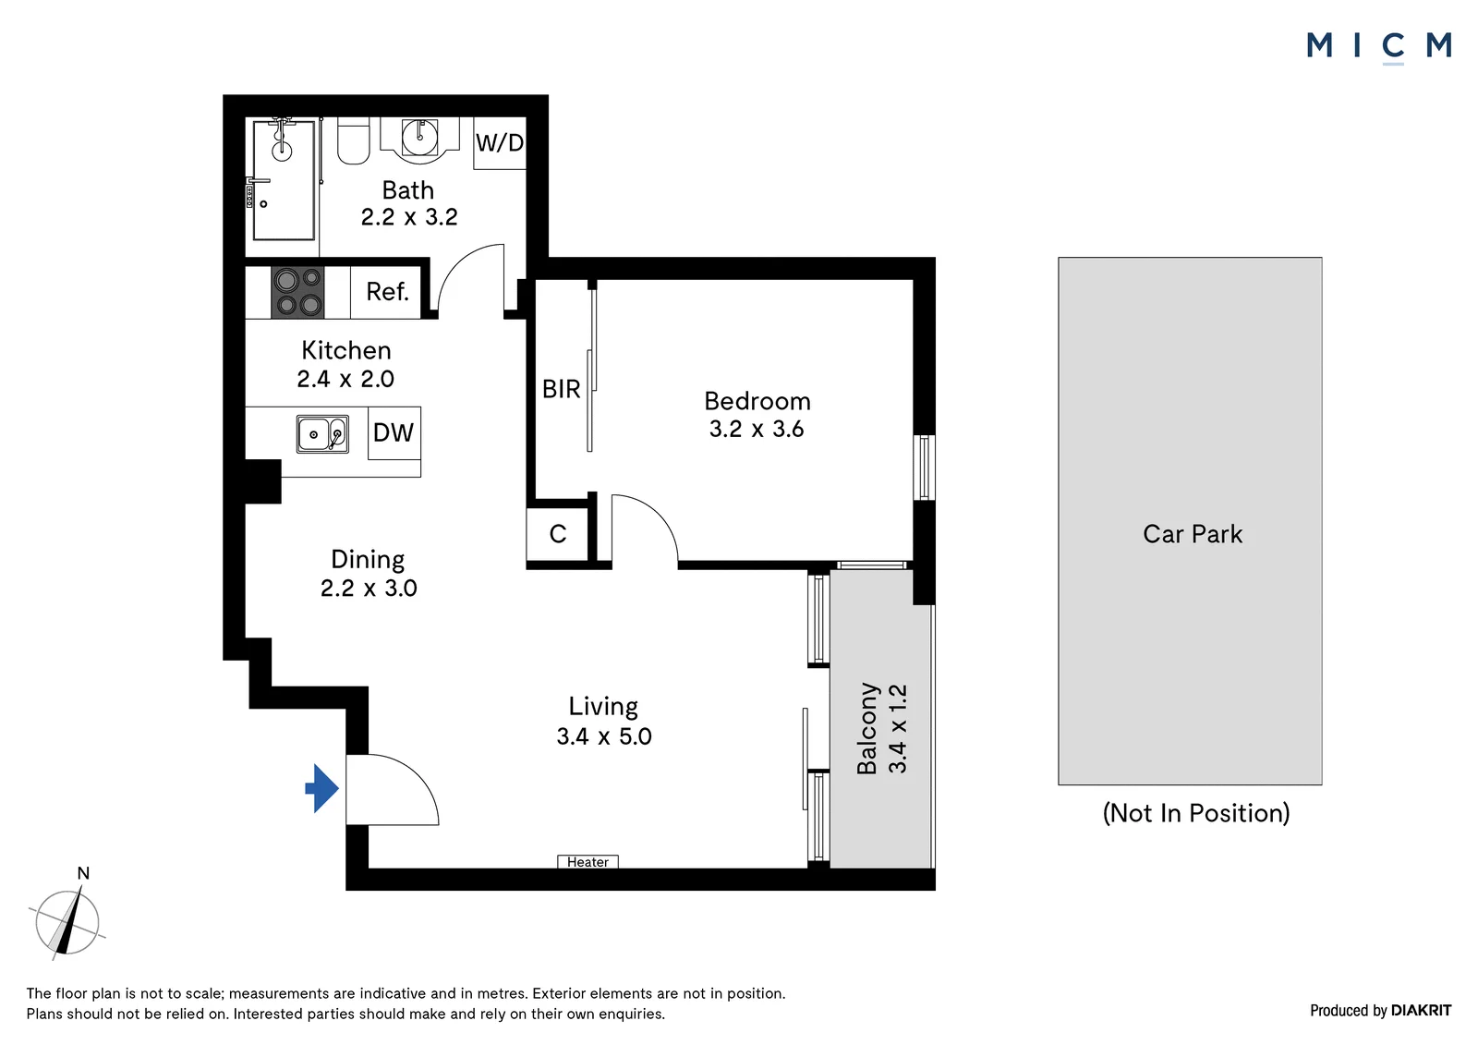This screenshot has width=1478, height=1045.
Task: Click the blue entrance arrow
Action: pyautogui.click(x=322, y=788)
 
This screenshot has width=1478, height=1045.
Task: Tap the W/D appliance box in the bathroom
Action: pyautogui.click(x=500, y=143)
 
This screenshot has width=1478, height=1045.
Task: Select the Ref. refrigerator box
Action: pyautogui.click(x=386, y=292)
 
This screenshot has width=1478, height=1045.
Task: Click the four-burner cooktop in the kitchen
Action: pyautogui.click(x=297, y=293)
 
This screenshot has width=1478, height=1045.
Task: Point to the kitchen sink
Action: pyautogui.click(x=322, y=433)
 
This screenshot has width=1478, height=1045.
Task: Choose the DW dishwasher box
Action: pyautogui.click(x=394, y=433)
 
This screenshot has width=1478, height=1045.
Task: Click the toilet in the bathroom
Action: pyautogui.click(x=353, y=140)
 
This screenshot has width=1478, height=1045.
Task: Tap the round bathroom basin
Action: pyautogui.click(x=419, y=138)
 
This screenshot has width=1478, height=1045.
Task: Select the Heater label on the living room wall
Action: pyautogui.click(x=588, y=862)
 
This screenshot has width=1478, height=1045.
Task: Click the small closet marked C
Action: pyautogui.click(x=558, y=534)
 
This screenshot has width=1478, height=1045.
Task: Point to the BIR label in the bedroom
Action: pyautogui.click(x=562, y=390)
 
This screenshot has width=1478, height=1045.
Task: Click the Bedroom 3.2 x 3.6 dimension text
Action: pyautogui.click(x=757, y=429)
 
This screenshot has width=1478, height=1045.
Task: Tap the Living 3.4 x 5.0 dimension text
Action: pyautogui.click(x=604, y=736)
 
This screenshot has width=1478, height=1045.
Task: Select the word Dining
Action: pyautogui.click(x=368, y=560)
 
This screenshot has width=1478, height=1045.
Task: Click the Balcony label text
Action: pyautogui.click(x=867, y=728)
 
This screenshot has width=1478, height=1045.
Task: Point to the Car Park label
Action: pyautogui.click(x=1193, y=534)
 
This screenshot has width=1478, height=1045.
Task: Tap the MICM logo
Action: pyautogui.click(x=1379, y=47)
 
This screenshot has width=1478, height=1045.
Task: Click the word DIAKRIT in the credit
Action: pyautogui.click(x=1422, y=1010)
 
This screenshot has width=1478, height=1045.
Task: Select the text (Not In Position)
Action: pyautogui.click(x=1196, y=813)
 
